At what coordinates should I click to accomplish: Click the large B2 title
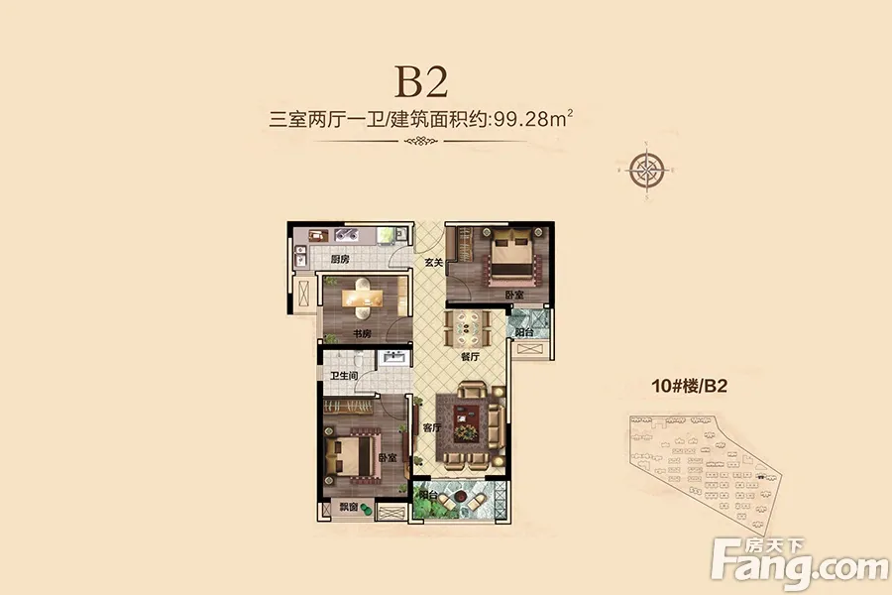[421, 82]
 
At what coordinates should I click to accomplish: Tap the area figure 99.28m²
[533, 119]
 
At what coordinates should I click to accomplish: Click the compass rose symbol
[647, 170]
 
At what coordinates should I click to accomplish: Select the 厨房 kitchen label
[340, 260]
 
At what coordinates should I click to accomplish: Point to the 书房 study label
[362, 333]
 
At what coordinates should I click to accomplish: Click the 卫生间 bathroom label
[344, 376]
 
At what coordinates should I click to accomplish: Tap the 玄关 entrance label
[433, 263]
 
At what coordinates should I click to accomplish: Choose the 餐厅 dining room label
[470, 357]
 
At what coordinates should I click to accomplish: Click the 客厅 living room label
[432, 427]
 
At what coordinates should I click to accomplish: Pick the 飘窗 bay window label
[349, 507]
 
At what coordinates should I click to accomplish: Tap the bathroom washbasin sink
[393, 358]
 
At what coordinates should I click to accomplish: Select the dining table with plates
[467, 327]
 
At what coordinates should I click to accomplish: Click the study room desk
[362, 298]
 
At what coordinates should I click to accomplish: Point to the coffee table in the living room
[467, 424]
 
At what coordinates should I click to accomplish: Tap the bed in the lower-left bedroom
[354, 452]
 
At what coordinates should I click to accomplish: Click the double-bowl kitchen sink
[346, 234]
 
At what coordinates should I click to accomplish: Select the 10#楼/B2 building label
[690, 386]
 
